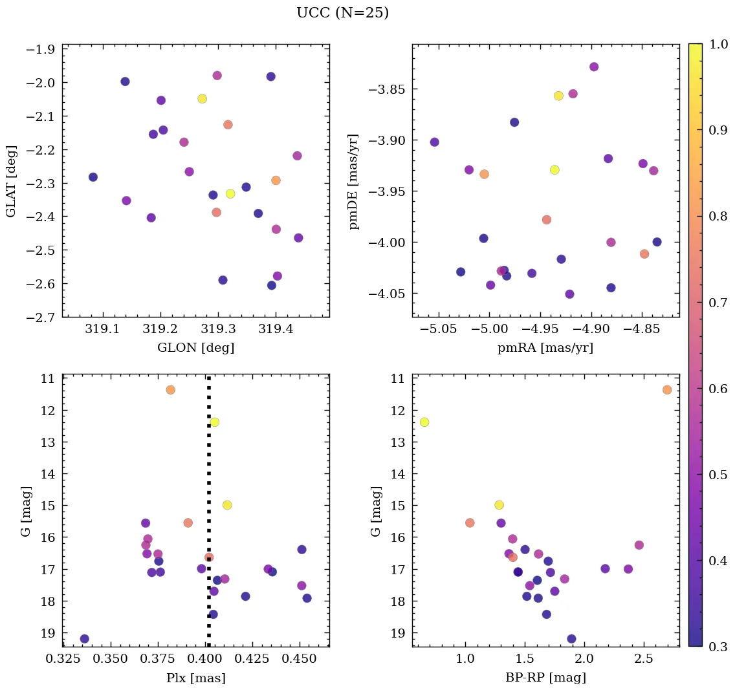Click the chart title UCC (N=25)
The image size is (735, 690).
point(342,13)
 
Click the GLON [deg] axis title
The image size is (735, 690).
point(195,348)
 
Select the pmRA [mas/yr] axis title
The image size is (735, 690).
point(545,348)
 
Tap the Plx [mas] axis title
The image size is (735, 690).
point(195,678)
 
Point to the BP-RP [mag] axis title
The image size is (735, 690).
point(545,678)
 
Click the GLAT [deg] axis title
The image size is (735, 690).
point(11,180)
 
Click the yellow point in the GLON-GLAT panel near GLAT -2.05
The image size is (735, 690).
point(202,98)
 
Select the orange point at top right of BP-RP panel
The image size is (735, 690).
point(667,389)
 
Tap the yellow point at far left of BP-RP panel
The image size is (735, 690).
point(424,422)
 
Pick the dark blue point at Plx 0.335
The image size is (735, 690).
point(84,639)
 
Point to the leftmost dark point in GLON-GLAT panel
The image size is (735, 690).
point(93,177)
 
